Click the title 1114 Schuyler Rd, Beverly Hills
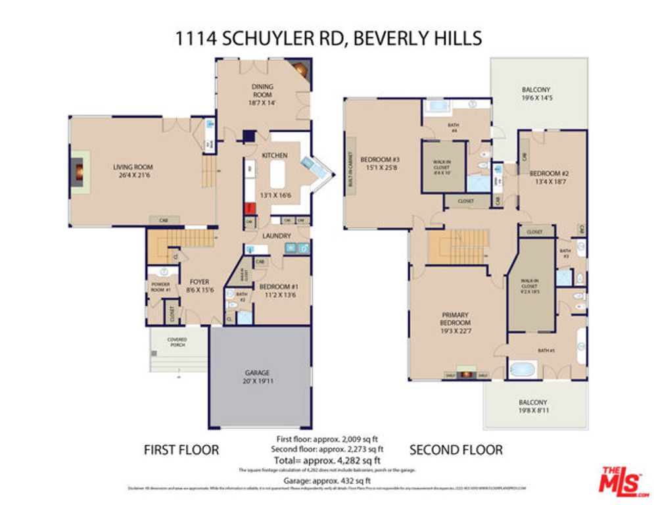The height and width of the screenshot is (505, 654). click(327, 37)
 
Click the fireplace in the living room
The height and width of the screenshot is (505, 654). click(80, 172)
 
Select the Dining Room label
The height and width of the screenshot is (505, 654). click(263, 90)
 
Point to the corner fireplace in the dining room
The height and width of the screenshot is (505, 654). click(301, 69)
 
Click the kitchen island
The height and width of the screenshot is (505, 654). click(276, 175)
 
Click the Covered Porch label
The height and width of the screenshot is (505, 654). click(177, 343)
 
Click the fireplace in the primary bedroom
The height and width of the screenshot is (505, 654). click(465, 374)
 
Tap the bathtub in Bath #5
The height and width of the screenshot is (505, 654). click(523, 369)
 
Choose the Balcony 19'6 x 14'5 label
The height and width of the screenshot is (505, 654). click(536, 94)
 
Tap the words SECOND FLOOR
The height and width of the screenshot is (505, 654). click(456, 450)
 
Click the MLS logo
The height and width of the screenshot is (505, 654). click(620, 481)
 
